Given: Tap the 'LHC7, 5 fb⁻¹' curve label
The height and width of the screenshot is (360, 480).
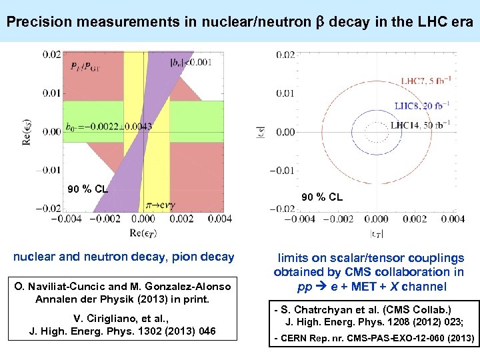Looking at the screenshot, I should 429,81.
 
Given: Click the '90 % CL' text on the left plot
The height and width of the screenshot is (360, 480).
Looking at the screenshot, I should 87,189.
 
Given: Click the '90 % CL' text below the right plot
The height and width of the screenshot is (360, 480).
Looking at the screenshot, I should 322,197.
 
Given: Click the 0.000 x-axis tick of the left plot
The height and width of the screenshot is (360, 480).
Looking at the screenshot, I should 143,218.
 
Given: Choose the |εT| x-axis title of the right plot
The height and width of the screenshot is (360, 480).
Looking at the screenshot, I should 375,233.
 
